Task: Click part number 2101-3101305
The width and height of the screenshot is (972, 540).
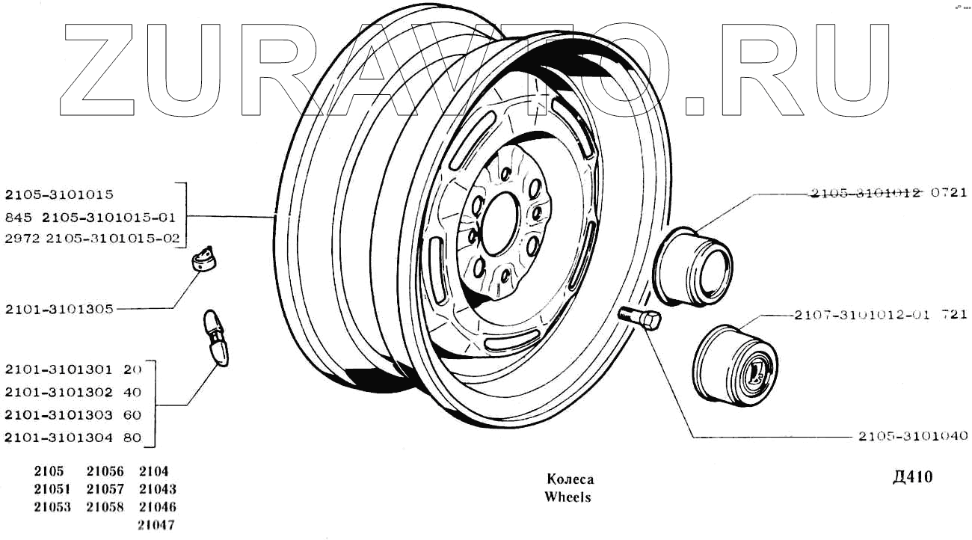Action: [x=59, y=309]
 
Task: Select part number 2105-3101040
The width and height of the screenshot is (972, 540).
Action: [x=913, y=436]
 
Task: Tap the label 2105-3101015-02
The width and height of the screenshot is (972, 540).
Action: [x=113, y=239]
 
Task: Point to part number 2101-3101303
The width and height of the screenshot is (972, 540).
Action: [x=59, y=415]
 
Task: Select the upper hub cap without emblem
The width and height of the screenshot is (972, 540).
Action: [x=693, y=266]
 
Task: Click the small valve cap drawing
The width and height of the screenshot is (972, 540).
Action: [x=203, y=259]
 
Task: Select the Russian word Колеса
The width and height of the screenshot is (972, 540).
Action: [x=570, y=479]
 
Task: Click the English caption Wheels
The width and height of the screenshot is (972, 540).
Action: [x=567, y=497]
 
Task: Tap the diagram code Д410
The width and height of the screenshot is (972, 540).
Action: [x=912, y=477]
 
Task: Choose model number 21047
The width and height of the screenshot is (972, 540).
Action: [x=157, y=524]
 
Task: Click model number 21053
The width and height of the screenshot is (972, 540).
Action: [x=52, y=507]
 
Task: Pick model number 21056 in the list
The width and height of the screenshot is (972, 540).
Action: [x=105, y=471]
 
